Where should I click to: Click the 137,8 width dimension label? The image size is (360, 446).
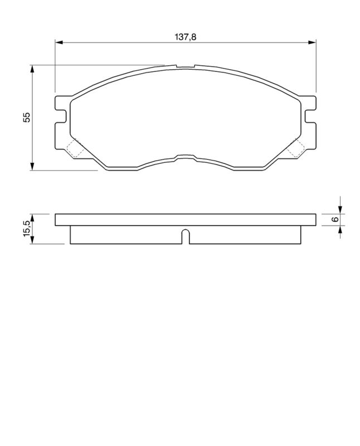186,36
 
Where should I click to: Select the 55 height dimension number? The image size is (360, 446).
26,117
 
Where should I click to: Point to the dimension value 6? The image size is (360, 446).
335,219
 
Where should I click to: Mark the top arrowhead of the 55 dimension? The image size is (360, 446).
33,69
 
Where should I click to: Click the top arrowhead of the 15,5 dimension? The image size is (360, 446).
33,217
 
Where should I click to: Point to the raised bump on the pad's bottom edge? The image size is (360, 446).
186,157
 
